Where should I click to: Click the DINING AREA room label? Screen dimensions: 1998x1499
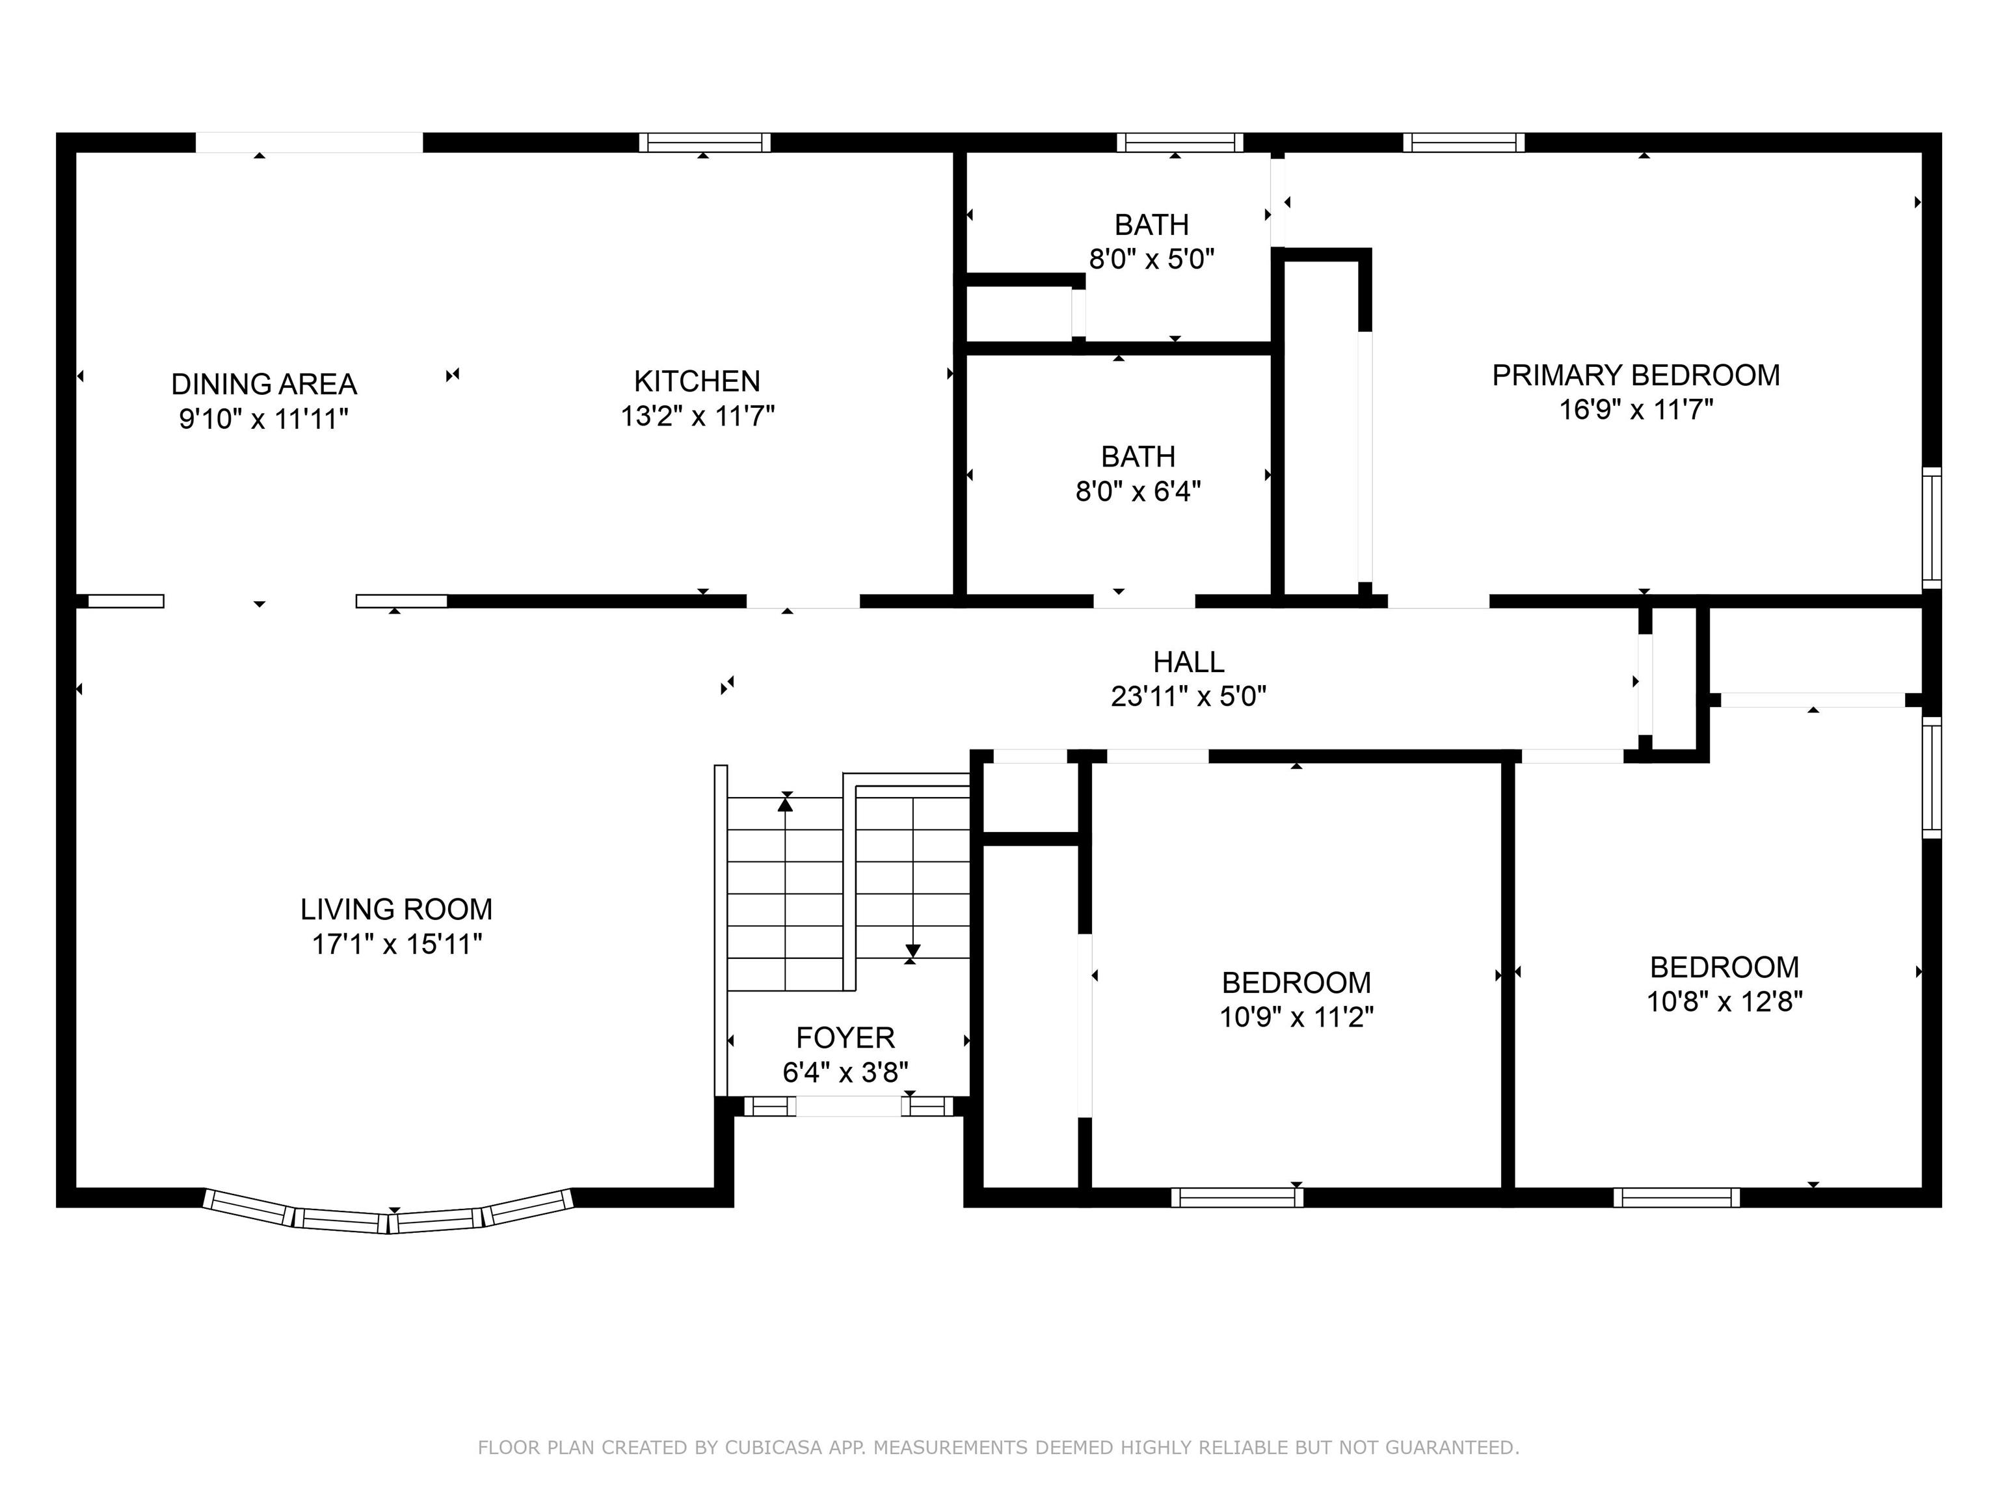tap(264, 384)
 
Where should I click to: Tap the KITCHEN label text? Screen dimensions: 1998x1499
tap(697, 381)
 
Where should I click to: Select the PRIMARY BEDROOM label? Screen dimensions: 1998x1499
tap(1636, 375)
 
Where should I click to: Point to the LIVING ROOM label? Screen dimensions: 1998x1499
tap(397, 909)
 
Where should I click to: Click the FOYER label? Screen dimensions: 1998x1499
tap(846, 1037)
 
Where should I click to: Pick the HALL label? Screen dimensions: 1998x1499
tap(1189, 662)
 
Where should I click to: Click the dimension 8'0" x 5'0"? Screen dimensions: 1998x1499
tap(1152, 260)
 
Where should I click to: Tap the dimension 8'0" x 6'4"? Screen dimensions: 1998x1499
tap(1138, 492)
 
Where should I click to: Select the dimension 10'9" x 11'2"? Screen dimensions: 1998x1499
tap(1296, 1018)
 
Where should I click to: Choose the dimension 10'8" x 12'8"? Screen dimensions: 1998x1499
tap(1724, 1002)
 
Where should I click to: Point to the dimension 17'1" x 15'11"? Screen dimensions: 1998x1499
tap(397, 944)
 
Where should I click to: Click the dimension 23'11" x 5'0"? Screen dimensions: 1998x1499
tap(1189, 697)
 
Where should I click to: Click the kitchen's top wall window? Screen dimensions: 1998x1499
tap(704, 142)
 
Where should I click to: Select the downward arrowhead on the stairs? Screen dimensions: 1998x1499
tap(913, 951)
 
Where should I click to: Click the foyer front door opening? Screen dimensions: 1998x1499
tap(848, 1106)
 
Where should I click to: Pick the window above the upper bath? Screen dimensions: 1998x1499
tap(1180, 142)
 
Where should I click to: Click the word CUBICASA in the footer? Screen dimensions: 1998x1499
tap(773, 1448)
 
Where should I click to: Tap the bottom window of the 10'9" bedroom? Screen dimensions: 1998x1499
tap(1238, 1197)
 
